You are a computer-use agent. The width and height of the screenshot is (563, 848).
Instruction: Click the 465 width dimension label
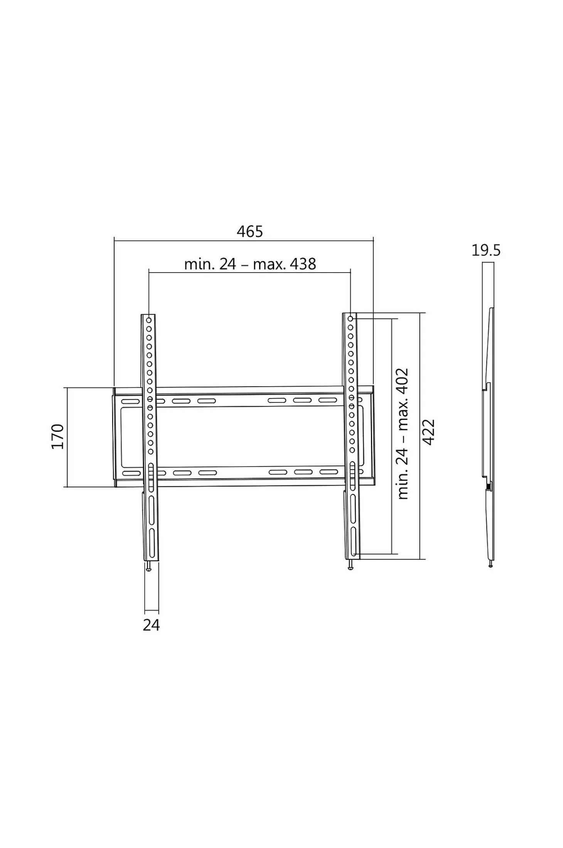tap(250, 232)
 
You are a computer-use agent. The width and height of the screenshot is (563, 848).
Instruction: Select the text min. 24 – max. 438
tap(250, 264)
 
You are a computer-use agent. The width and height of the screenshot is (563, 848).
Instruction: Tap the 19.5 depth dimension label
tap(486, 251)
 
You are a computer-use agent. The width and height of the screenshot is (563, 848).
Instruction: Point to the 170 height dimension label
tap(57, 436)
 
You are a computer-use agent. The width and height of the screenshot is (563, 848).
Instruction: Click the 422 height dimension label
tap(429, 432)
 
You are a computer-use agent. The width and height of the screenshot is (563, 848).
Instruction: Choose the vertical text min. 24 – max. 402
tap(403, 434)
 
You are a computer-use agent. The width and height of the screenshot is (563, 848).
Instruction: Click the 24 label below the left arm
tap(151, 625)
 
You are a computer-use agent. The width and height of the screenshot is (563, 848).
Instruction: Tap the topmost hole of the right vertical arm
tap(350, 319)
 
